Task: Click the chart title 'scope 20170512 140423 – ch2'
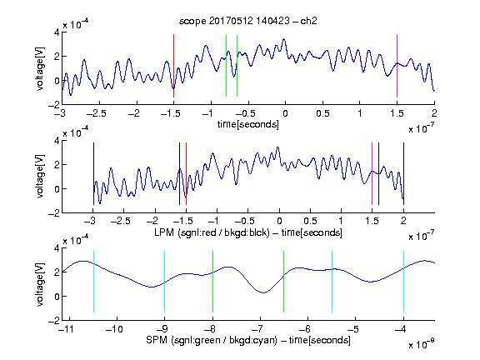[x=248, y=21]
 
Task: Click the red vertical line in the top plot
[x=173, y=66]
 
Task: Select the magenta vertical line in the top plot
[x=397, y=66]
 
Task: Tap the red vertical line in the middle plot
[x=186, y=173]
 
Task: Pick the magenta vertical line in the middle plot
[x=372, y=173]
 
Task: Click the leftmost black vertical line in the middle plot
[x=93, y=173]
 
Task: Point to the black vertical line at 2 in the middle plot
[x=403, y=173]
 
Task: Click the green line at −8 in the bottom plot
[x=212, y=282]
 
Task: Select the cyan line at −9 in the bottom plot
[x=165, y=282]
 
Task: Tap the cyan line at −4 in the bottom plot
[x=403, y=282]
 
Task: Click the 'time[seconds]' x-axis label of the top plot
[x=248, y=124]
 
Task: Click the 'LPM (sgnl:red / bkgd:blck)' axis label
[x=212, y=232]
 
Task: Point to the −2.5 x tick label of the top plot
[x=97, y=113]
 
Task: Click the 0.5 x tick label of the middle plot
[x=310, y=221]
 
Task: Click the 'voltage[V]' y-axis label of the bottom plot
[x=40, y=285]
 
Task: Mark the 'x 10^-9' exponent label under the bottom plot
[x=422, y=343]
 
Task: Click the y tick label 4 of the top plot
[x=57, y=32]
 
